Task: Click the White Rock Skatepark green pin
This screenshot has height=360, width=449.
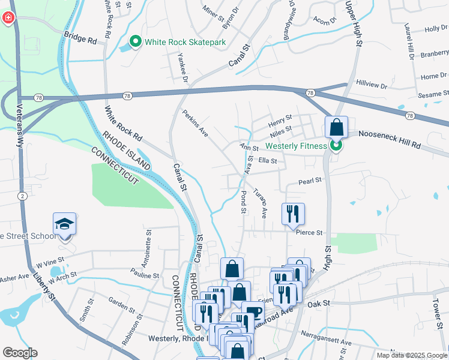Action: tap(136, 42)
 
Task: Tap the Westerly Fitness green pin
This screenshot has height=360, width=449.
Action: tap(336, 146)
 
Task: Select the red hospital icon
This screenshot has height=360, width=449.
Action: tap(8, 19)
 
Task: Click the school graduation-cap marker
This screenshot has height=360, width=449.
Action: tap(65, 224)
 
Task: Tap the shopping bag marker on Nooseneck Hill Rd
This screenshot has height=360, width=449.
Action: tap(336, 128)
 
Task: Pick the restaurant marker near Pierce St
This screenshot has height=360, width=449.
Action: tap(294, 214)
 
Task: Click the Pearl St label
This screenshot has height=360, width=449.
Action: tap(310, 180)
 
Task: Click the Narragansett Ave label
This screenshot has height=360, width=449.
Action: tap(330, 341)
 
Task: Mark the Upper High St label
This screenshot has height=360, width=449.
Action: tap(354, 24)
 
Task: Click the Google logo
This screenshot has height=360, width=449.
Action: tap(20, 352)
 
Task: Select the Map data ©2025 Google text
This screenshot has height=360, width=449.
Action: tap(411, 355)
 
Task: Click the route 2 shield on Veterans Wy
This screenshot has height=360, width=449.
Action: tap(22, 196)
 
